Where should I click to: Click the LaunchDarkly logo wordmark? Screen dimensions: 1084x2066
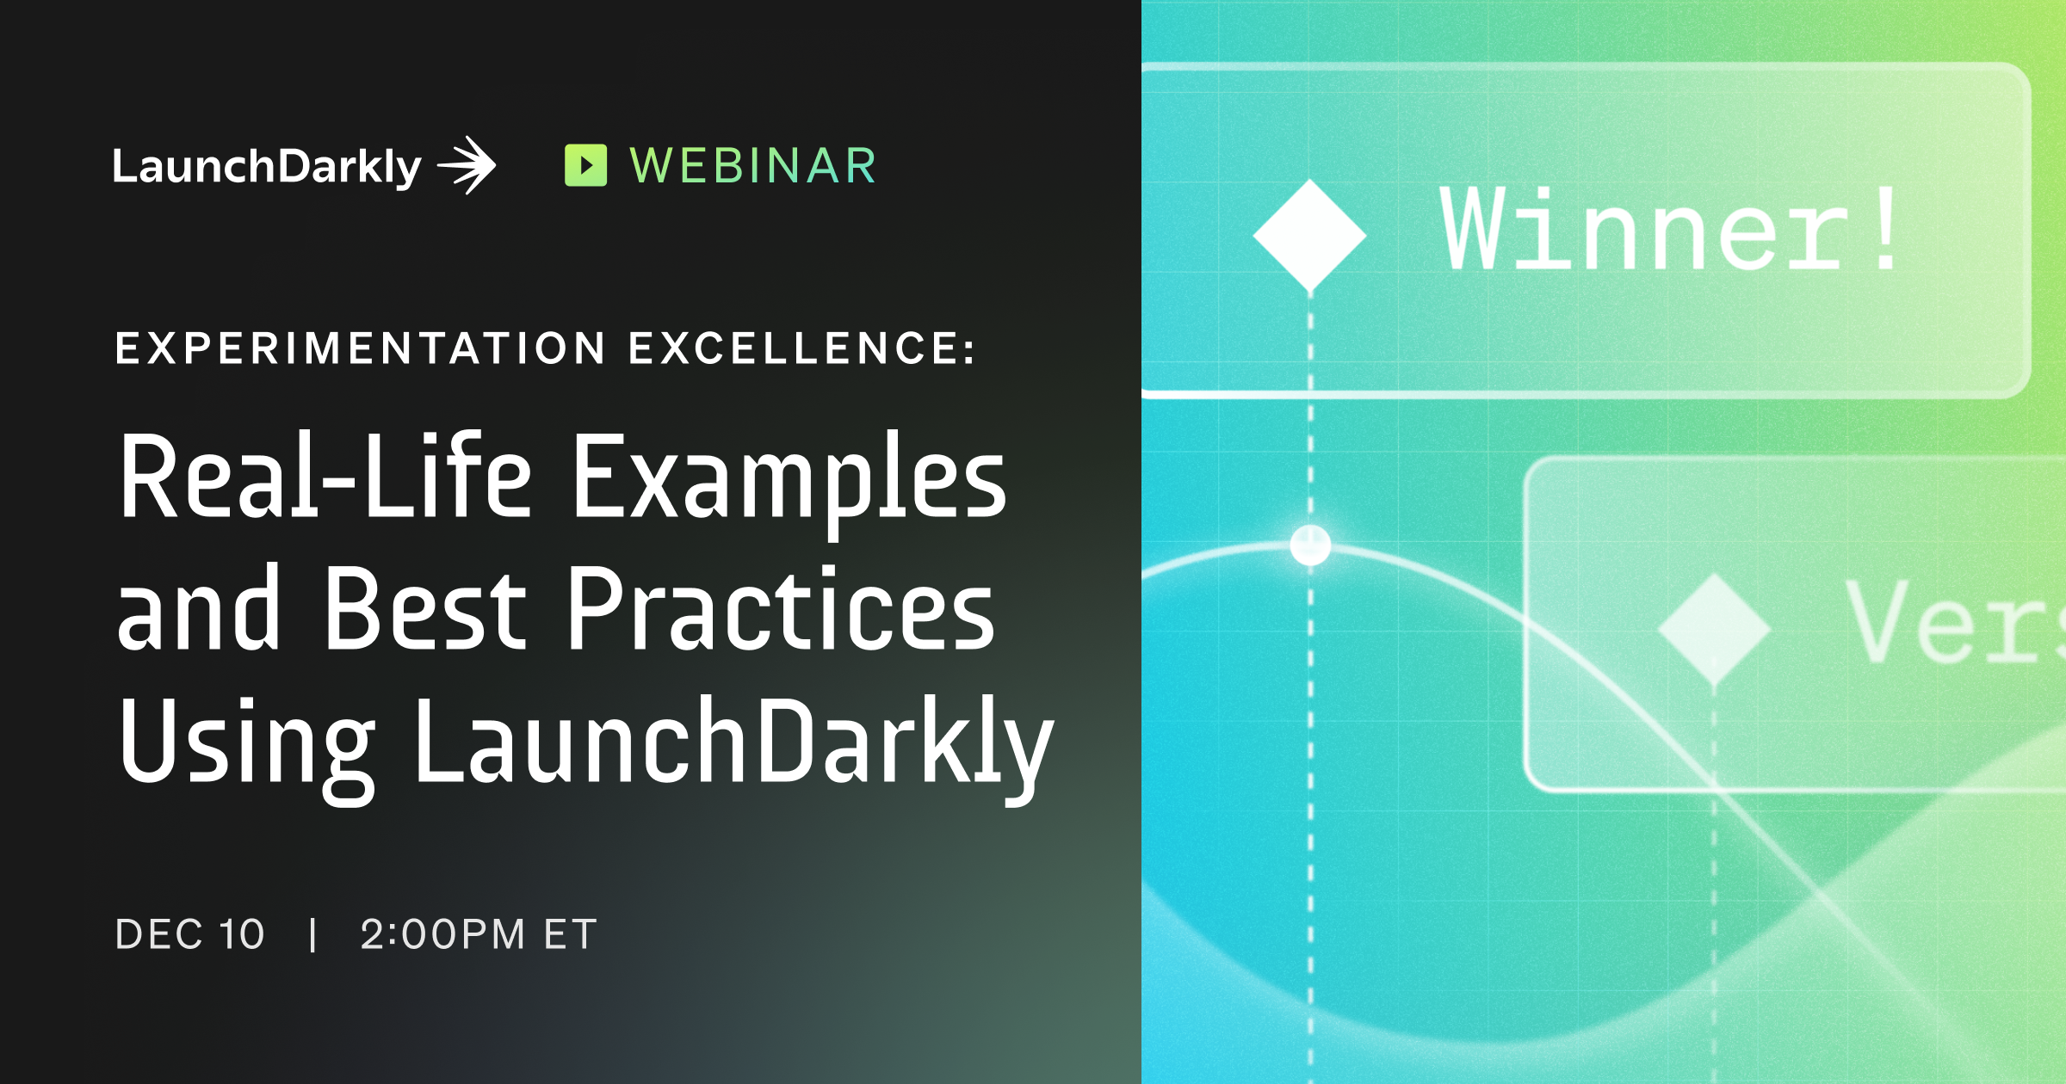click(266, 166)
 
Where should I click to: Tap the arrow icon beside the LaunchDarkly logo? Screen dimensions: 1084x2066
click(467, 164)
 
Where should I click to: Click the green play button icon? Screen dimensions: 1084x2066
click(585, 165)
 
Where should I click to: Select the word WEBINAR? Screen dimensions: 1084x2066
click(753, 166)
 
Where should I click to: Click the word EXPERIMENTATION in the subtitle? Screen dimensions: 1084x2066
click(361, 348)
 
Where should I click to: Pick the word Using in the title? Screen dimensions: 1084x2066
click(246, 743)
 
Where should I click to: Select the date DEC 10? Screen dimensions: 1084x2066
click(190, 934)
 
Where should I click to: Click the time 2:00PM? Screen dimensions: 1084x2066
click(442, 934)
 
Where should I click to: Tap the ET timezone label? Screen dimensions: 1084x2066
click(570, 934)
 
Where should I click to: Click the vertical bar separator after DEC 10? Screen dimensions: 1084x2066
click(313, 934)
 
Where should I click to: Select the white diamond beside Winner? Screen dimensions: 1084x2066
click(1309, 235)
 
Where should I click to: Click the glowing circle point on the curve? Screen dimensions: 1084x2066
click(1310, 545)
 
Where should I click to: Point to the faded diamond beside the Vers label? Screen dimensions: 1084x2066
click(1713, 629)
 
